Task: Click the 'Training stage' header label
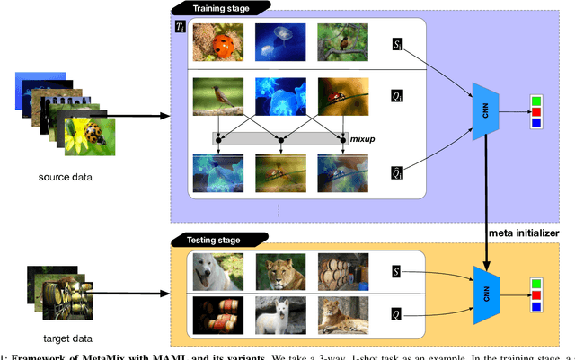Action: [x=217, y=7]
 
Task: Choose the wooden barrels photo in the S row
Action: [x=341, y=270]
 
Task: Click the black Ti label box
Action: [x=180, y=25]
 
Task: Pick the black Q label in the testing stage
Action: [x=398, y=315]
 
